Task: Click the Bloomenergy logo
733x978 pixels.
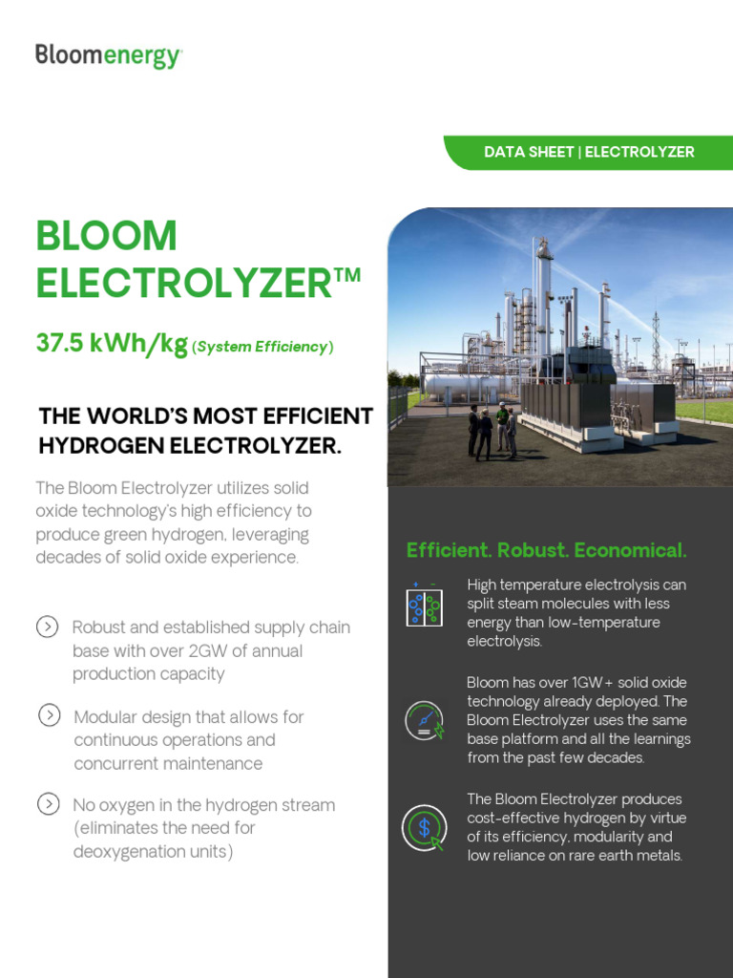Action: click(108, 55)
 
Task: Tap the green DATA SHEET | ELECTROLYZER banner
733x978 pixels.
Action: click(589, 152)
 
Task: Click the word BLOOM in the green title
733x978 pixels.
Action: click(106, 236)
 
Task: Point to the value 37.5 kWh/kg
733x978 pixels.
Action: click(111, 344)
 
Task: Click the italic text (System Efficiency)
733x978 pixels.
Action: click(262, 347)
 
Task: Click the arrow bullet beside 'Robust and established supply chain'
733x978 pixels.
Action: click(47, 627)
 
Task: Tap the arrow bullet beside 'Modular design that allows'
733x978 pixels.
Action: click(48, 715)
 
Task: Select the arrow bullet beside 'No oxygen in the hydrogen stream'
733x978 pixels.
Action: click(48, 804)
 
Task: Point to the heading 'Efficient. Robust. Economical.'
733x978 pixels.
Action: click(546, 550)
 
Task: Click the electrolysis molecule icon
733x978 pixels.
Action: click(423, 606)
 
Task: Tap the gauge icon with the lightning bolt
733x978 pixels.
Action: click(424, 720)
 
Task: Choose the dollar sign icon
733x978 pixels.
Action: click(424, 827)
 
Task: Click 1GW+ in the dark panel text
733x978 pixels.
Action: click(565, 682)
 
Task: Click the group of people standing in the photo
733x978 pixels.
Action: click(492, 432)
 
